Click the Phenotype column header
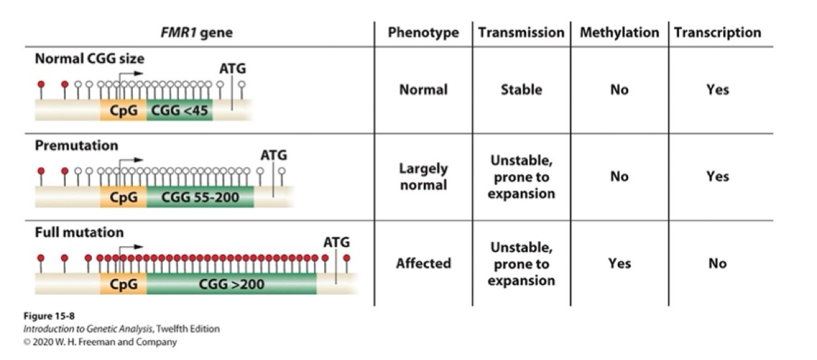click(x=423, y=33)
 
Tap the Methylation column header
click(x=619, y=33)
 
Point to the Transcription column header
click(x=717, y=33)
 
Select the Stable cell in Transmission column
click(x=521, y=90)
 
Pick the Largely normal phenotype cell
click(x=423, y=177)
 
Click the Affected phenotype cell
click(x=423, y=263)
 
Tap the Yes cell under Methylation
click(x=619, y=263)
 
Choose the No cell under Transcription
click(x=717, y=263)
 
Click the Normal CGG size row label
click(x=89, y=59)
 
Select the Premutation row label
click(x=77, y=146)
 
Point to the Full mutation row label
click(x=79, y=232)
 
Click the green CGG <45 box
click(x=179, y=111)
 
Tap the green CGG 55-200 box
click(x=200, y=198)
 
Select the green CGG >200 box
click(x=231, y=285)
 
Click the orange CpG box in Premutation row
click(x=123, y=198)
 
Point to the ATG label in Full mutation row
click(x=336, y=243)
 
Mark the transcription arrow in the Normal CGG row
click(x=130, y=74)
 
